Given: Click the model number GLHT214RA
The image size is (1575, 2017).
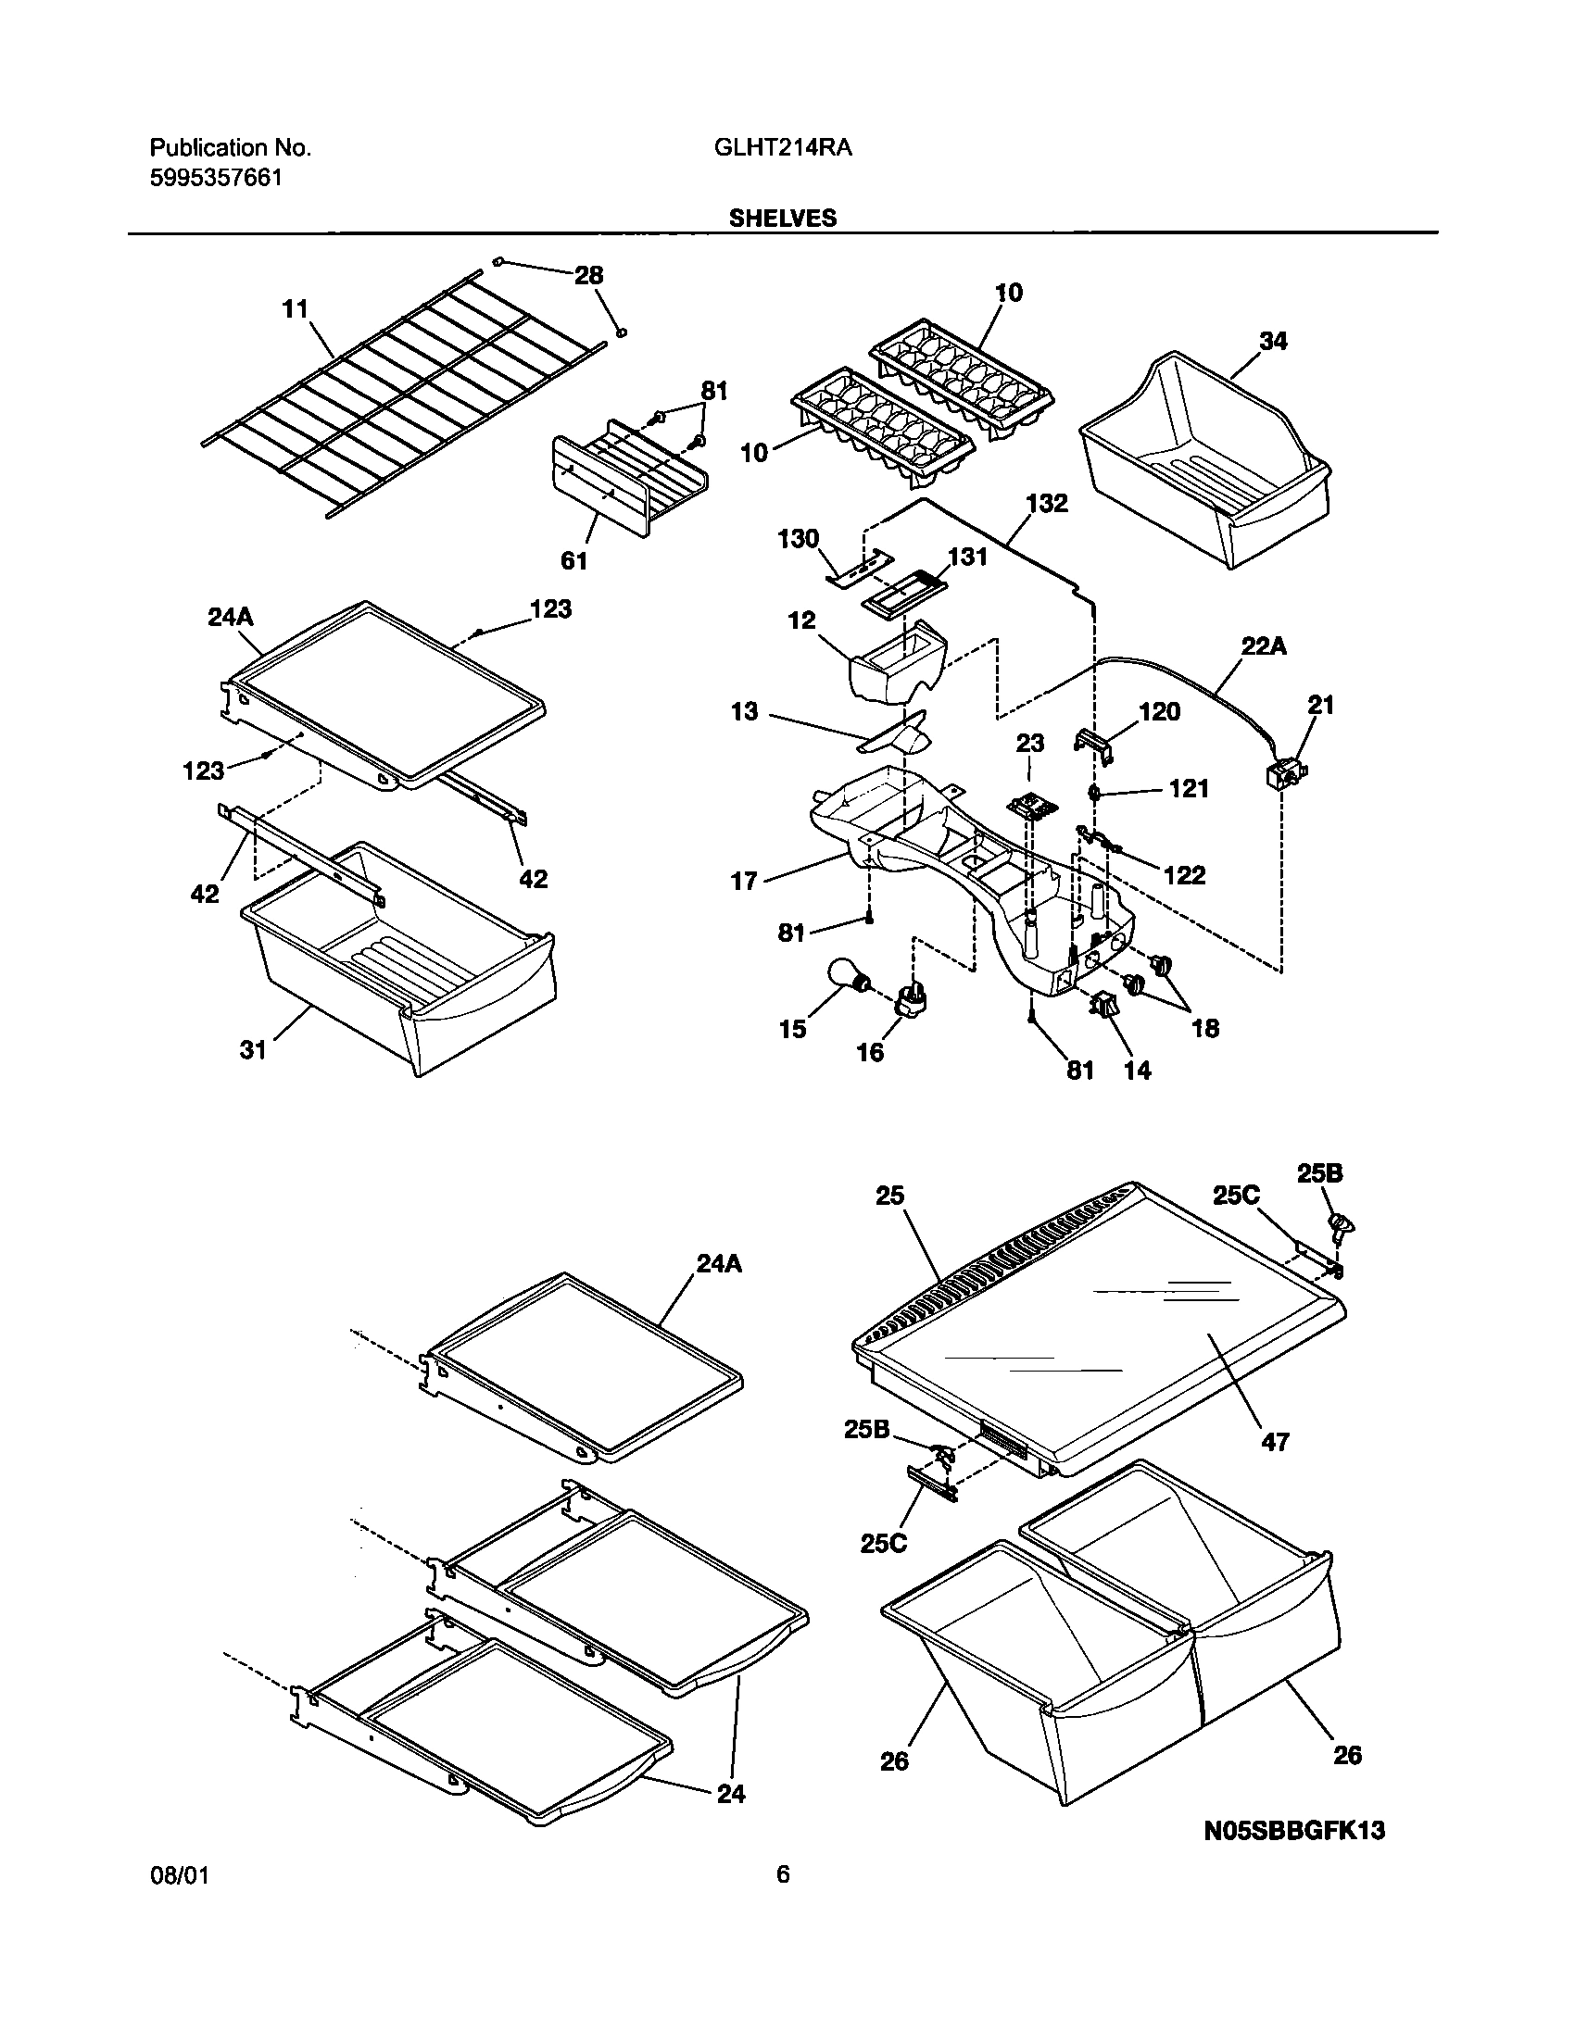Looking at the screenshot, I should (783, 147).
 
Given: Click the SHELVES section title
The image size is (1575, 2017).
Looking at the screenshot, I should (782, 219).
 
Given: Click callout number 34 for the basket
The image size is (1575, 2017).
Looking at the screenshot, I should (1273, 342).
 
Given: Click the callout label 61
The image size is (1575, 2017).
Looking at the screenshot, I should (573, 560).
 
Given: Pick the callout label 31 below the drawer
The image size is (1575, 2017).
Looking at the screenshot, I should (253, 1049).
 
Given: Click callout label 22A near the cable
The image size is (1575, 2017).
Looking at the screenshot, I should (1264, 647).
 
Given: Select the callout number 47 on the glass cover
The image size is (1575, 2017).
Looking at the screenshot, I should (1275, 1442).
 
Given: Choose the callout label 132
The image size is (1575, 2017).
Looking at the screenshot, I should (1047, 504).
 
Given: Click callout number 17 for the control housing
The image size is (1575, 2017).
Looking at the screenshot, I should (744, 881).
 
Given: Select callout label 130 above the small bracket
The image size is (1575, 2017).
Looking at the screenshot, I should (799, 539).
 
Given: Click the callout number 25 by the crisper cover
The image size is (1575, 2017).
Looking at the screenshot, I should (889, 1196).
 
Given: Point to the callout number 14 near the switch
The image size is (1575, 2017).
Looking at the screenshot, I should (1137, 1071).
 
